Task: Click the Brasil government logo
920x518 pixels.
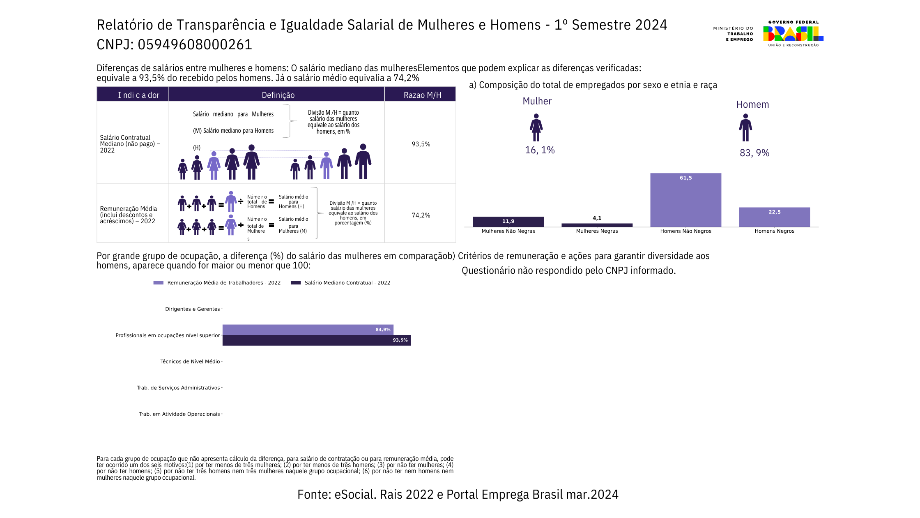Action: coord(793,34)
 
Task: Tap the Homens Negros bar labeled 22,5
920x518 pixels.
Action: coord(774,217)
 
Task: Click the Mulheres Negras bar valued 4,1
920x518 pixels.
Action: coord(597,225)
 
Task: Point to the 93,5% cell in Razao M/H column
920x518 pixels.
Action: coord(421,144)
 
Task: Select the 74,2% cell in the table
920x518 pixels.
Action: coord(421,215)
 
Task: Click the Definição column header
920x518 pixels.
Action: coord(278,95)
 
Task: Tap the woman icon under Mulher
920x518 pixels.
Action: coord(536,127)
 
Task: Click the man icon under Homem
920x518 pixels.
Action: coord(745,128)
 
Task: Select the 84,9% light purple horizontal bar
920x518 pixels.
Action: coord(308,330)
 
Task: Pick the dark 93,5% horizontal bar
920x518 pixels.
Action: coord(316,340)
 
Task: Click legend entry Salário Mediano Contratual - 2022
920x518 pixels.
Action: coord(347,283)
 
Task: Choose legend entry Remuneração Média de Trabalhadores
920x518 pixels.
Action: coord(223,283)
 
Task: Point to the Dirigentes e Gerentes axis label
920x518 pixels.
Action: coord(192,309)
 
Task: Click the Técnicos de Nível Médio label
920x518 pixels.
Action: coord(190,362)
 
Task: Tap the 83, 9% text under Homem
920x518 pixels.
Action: coord(754,153)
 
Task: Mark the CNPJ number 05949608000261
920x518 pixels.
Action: coord(195,44)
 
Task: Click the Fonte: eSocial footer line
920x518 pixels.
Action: coord(458,494)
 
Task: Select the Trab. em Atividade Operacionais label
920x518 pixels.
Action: coord(179,414)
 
